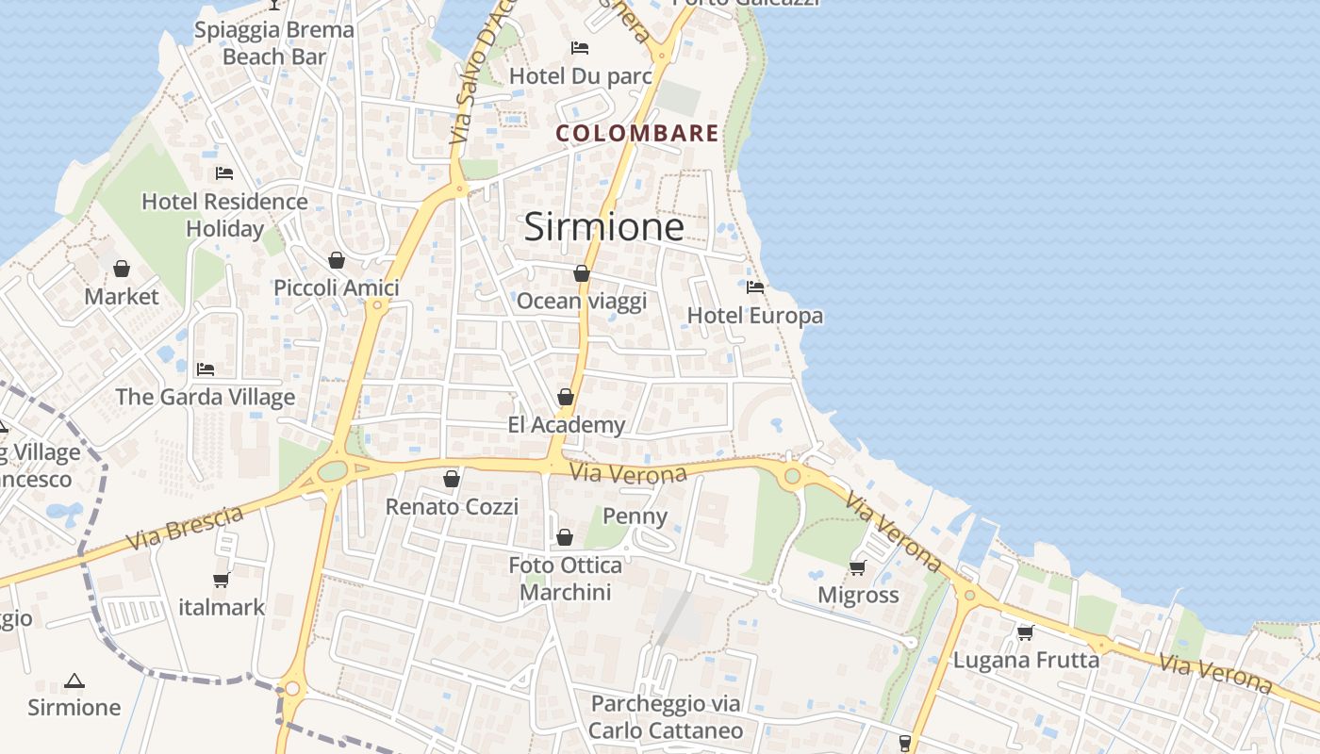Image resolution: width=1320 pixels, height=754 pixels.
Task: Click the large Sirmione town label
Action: coord(603,227)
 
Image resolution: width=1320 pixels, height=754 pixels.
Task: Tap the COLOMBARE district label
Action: coord(637,133)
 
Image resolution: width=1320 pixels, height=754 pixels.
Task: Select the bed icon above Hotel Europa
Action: coord(754,287)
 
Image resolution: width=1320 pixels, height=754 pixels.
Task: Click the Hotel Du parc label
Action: coord(581,75)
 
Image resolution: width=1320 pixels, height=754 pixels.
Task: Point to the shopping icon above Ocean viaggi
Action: coord(582,273)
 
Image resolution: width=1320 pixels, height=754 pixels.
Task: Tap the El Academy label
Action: coord(566,425)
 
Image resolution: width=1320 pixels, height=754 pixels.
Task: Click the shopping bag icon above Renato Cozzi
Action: coord(452,479)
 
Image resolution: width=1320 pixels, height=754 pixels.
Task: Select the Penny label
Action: coord(635,516)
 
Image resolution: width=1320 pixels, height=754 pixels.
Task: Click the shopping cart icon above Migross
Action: coord(857,567)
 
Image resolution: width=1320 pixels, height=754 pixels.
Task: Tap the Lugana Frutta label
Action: coord(1026,660)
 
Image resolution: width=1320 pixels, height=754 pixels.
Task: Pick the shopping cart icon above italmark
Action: coord(222,580)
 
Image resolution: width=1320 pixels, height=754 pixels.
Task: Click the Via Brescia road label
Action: coord(185,528)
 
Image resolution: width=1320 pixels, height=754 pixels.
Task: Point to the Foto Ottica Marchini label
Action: coord(566,579)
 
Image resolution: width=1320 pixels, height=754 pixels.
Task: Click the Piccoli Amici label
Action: coord(337,287)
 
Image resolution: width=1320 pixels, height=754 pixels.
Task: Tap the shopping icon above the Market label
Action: coord(122,270)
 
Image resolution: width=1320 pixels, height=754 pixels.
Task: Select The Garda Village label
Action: coord(206,397)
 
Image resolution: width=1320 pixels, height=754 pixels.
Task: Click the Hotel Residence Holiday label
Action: coord(224,215)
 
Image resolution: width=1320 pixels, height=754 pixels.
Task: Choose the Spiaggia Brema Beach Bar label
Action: coord(274,42)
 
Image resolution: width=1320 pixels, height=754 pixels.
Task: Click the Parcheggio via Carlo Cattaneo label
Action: coord(666,716)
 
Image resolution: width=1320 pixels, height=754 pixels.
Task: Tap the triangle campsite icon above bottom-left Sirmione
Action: coord(74,680)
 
